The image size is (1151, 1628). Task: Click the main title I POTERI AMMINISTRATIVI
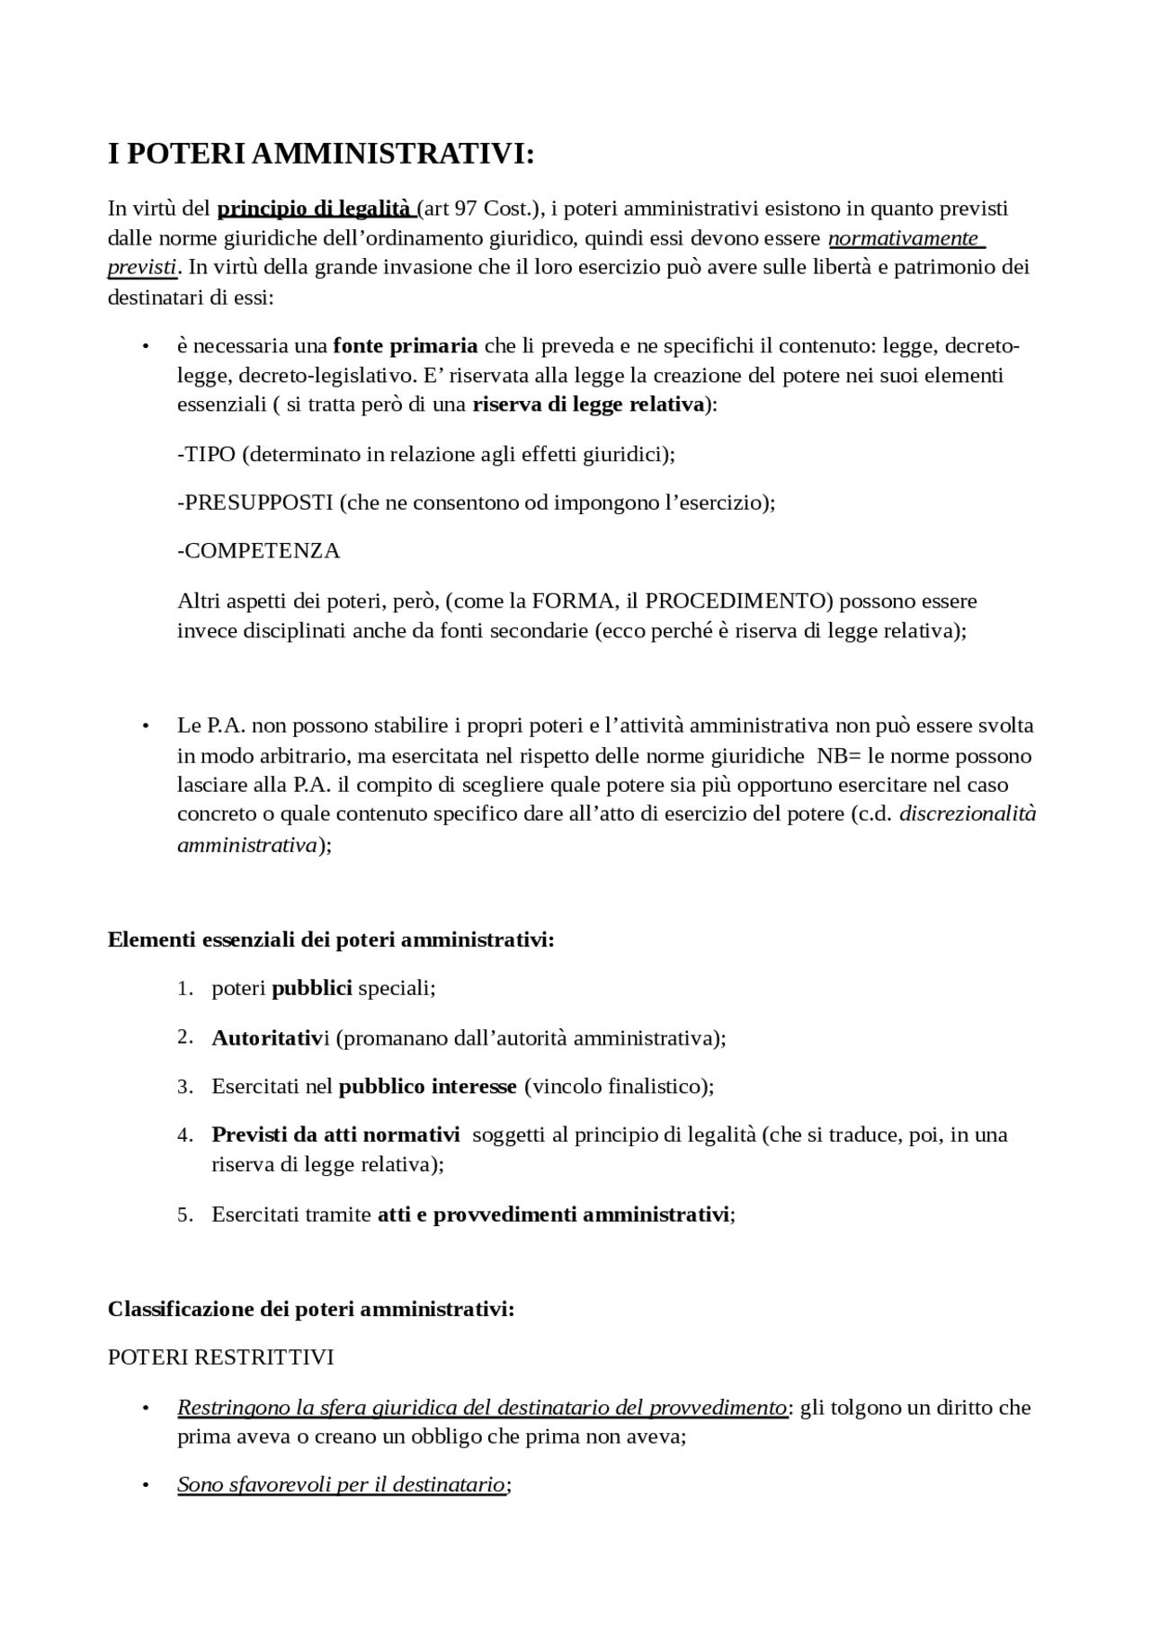coord(320,154)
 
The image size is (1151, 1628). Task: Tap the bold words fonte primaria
coord(406,346)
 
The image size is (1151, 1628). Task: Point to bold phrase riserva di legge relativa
coord(588,405)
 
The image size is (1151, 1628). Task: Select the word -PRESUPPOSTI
coord(255,503)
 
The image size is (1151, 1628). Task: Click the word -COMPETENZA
coord(259,551)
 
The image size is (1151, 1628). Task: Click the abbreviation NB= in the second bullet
coord(839,755)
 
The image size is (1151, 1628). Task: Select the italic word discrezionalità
coord(968,814)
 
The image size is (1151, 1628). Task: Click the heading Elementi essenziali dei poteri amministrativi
coord(331,940)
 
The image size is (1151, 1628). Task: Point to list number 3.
coord(185,1087)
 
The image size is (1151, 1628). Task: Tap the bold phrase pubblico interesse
coord(427,1087)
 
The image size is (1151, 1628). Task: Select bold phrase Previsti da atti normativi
coord(335,1135)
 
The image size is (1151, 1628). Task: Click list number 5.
coord(185,1215)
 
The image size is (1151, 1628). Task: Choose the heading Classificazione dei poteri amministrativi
coord(311,1309)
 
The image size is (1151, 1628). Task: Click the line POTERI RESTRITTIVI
coord(220,1357)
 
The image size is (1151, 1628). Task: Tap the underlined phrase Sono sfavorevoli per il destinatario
coord(341,1485)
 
